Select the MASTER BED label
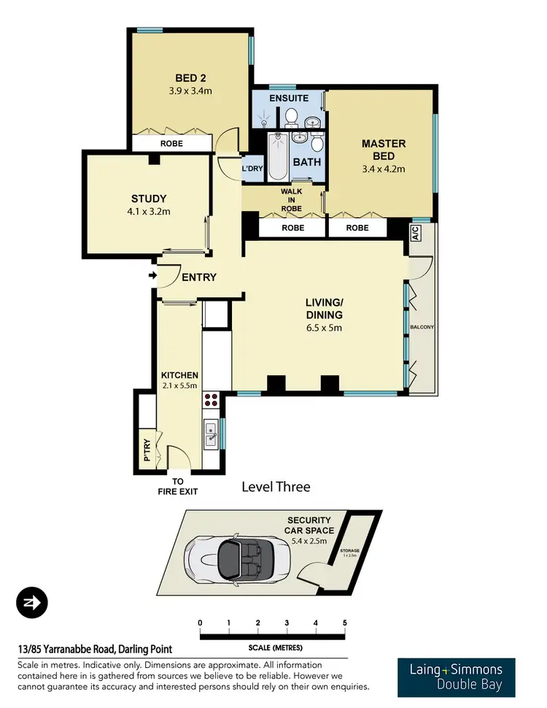[x=383, y=150]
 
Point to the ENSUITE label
[x=289, y=98]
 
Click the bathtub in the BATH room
[x=278, y=157]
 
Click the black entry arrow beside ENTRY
[x=152, y=276]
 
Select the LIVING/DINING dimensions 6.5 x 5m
[x=324, y=328]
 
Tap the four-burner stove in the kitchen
[x=211, y=400]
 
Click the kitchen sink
[x=212, y=435]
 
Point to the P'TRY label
[x=147, y=455]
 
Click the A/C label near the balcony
[x=415, y=234]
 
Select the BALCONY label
[x=422, y=327]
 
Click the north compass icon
[x=31, y=602]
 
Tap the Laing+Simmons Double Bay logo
[x=456, y=677]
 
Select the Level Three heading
[x=276, y=487]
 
